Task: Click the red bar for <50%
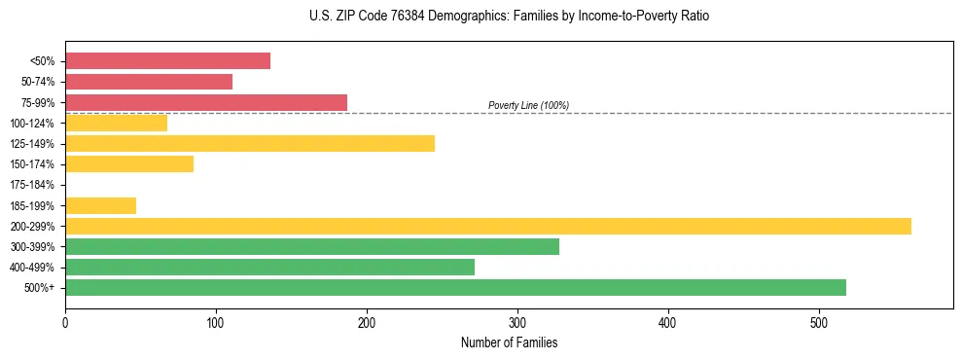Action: coord(167,61)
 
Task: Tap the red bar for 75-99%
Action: coord(206,102)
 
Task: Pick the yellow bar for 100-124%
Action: coord(116,123)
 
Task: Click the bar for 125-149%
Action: coord(250,144)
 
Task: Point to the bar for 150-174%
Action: coord(129,164)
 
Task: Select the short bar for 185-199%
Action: coord(100,205)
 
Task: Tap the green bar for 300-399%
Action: coord(312,247)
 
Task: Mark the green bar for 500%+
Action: coord(455,288)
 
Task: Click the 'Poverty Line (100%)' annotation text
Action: coord(528,105)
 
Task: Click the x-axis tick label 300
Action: coord(517,323)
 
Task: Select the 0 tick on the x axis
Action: coord(65,323)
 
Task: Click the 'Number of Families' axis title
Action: coord(509,342)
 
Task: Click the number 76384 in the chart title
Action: coord(398,17)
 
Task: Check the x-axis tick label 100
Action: coord(216,323)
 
